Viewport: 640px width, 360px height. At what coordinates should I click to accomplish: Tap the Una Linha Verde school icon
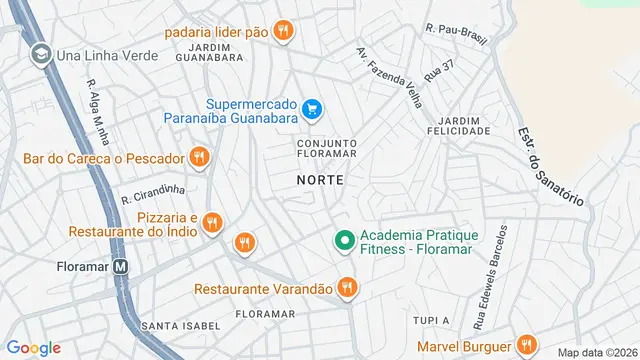[41, 54]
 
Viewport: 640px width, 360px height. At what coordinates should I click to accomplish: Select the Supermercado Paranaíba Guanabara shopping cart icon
[311, 109]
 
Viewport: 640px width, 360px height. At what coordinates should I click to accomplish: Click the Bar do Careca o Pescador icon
[198, 158]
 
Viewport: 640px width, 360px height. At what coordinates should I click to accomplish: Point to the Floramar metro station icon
[121, 268]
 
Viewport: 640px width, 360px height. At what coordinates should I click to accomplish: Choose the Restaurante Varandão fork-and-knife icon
[346, 288]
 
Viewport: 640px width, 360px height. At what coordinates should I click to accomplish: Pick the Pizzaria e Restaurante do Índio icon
[211, 224]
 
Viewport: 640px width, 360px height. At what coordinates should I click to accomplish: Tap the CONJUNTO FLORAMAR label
[327, 149]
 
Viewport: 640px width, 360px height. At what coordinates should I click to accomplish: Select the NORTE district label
[320, 180]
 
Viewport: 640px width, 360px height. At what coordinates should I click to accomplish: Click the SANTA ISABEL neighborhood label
[176, 325]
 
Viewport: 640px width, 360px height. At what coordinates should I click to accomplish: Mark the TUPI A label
[431, 320]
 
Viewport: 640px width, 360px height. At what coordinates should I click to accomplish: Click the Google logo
[33, 348]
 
